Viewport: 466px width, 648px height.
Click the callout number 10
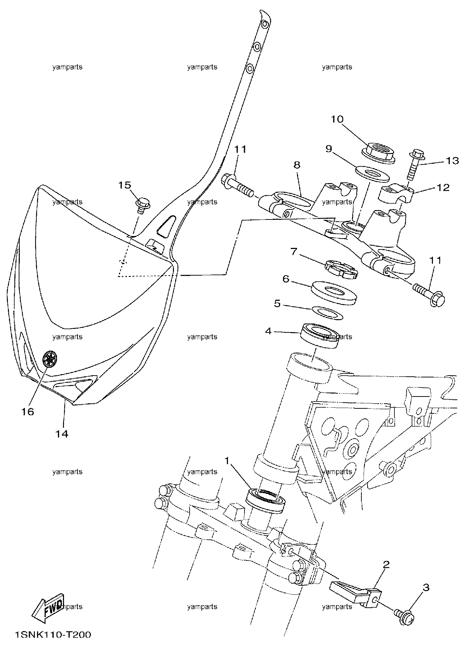click(337, 119)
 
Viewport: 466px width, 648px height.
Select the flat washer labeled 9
click(373, 173)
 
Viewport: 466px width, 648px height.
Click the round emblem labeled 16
click(49, 358)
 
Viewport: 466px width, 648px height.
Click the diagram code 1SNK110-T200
click(52, 635)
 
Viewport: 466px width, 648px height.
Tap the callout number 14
click(61, 434)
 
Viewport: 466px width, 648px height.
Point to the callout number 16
click(28, 412)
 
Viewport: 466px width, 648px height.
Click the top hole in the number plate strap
click(265, 24)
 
